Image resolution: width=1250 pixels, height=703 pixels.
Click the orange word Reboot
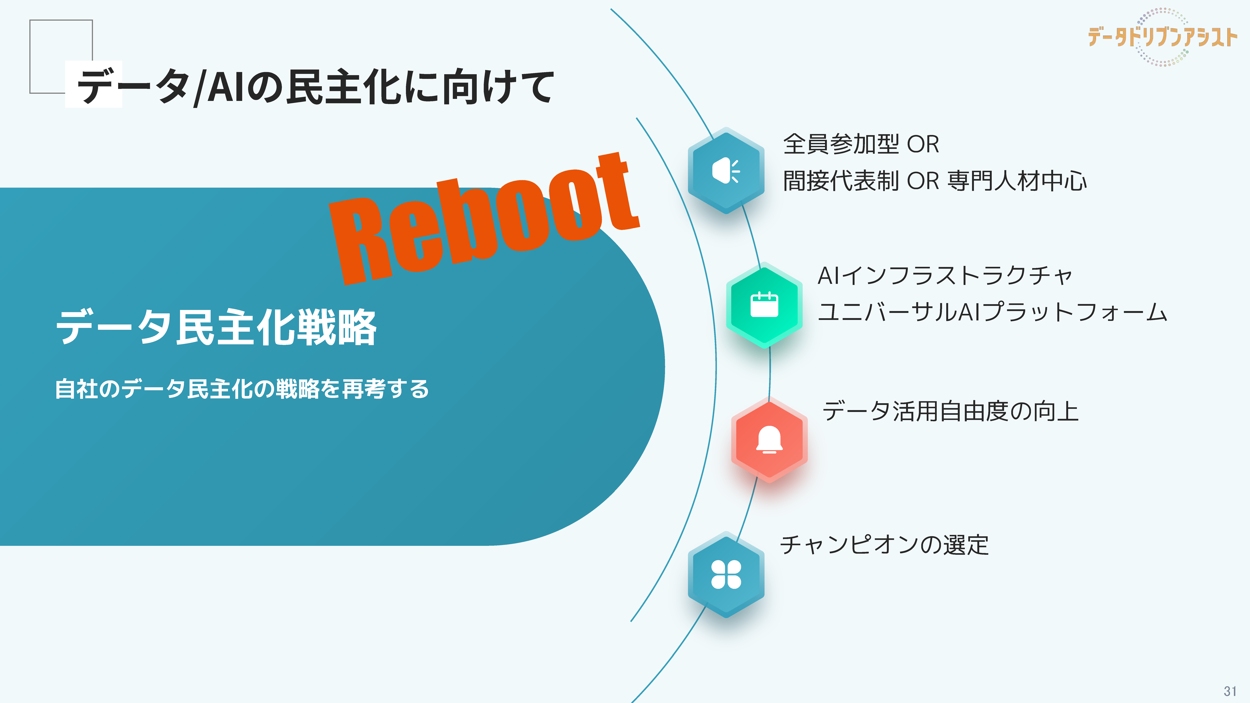click(484, 218)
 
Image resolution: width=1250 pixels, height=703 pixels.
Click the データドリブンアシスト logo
click(1162, 37)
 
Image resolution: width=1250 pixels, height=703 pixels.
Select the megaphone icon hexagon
click(726, 170)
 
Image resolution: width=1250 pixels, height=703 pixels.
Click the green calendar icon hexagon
click(764, 305)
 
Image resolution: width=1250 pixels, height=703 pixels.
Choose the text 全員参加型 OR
click(861, 144)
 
